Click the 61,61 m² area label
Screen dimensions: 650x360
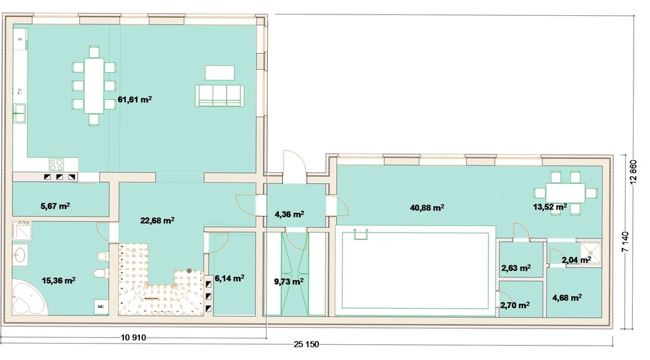pyautogui.click(x=135, y=100)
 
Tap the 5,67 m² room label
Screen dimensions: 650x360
pyautogui.click(x=55, y=206)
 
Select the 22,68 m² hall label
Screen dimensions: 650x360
pyautogui.click(x=157, y=220)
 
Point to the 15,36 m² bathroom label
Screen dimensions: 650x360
pyautogui.click(x=58, y=281)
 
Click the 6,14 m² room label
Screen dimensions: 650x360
pyautogui.click(x=229, y=279)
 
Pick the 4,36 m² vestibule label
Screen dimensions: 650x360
pyautogui.click(x=290, y=214)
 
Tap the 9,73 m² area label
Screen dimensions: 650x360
pyautogui.click(x=289, y=282)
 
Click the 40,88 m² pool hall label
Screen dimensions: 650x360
pyautogui.click(x=427, y=208)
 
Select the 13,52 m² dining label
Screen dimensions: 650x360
pyautogui.click(x=550, y=207)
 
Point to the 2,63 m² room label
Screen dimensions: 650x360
pyautogui.click(x=516, y=268)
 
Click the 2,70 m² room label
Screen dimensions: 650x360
pyautogui.click(x=515, y=305)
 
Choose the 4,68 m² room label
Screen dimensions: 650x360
pyautogui.click(x=567, y=298)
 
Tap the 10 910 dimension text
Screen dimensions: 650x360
pyautogui.click(x=133, y=338)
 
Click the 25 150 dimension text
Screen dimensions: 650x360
pyautogui.click(x=307, y=344)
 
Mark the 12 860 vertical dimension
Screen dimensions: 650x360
pyautogui.click(x=632, y=171)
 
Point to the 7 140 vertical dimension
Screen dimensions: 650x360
pyautogui.click(x=626, y=241)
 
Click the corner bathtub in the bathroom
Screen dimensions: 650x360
pyautogui.click(x=28, y=299)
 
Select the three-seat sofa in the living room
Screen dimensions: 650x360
pyautogui.click(x=220, y=96)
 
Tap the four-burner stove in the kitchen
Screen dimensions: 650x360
pyautogui.click(x=56, y=165)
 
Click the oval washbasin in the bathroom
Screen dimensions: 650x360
pyautogui.click(x=20, y=255)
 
